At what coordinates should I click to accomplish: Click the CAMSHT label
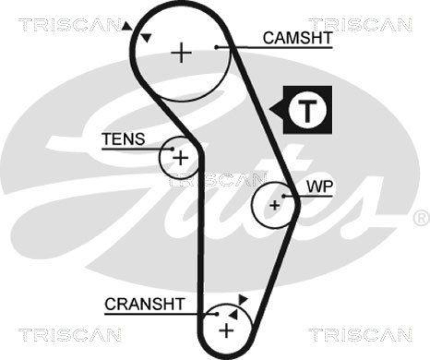297,38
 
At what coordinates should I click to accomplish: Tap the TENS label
124,139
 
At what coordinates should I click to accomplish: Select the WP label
320,187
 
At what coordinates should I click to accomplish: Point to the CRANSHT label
144,304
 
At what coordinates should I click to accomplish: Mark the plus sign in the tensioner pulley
181,158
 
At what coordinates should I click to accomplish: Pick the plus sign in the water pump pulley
275,204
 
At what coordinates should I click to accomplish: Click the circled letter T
307,110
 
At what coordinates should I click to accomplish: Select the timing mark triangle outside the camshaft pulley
127,26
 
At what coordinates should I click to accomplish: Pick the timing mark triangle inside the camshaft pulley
146,38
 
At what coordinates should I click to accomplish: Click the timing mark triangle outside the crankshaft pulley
243,299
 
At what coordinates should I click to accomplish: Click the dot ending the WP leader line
283,196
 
